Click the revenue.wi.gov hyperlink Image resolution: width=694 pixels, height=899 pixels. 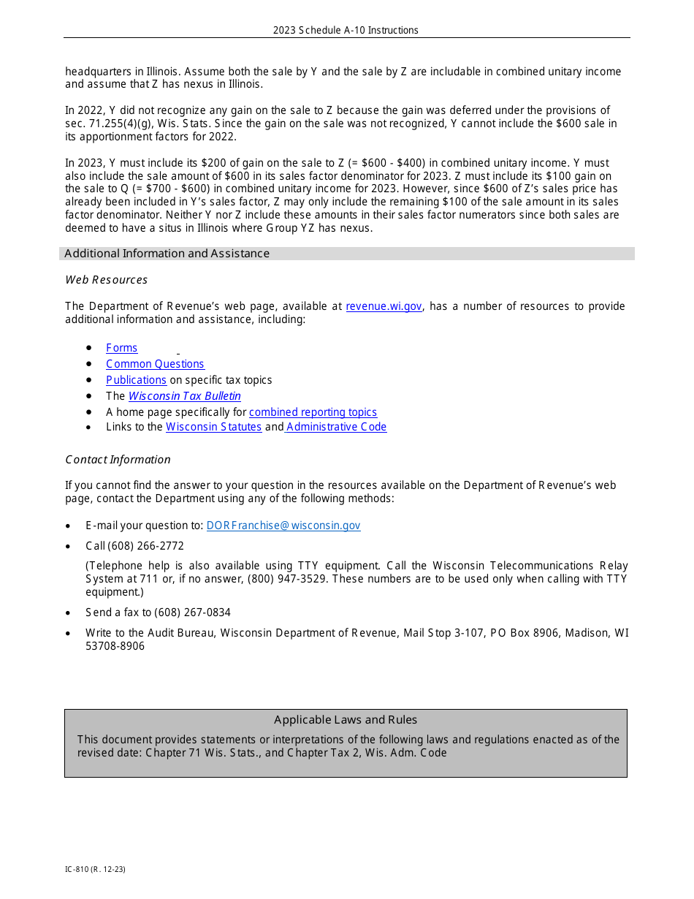(384, 306)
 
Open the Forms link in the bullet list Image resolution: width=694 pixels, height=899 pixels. (121, 348)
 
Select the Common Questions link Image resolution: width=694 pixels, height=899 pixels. (155, 364)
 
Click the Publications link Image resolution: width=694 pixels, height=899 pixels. (136, 380)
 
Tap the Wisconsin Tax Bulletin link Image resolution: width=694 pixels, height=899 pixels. (184, 396)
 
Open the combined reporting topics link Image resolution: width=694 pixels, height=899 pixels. (313, 412)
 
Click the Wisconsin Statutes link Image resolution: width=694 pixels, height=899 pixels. (213, 427)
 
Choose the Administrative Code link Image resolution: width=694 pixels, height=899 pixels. (336, 427)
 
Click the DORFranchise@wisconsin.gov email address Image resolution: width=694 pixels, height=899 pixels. (283, 526)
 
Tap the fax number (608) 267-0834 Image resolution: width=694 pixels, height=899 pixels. (192, 612)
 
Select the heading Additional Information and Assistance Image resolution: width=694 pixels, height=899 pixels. (167, 254)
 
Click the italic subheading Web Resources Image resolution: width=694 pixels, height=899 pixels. (106, 280)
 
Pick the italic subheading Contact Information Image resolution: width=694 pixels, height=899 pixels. (118, 460)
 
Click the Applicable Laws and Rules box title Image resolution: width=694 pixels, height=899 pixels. (346, 720)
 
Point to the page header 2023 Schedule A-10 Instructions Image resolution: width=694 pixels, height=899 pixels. (346, 30)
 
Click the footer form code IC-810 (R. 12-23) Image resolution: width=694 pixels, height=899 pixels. (95, 869)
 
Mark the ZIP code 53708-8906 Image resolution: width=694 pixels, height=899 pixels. (115, 646)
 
